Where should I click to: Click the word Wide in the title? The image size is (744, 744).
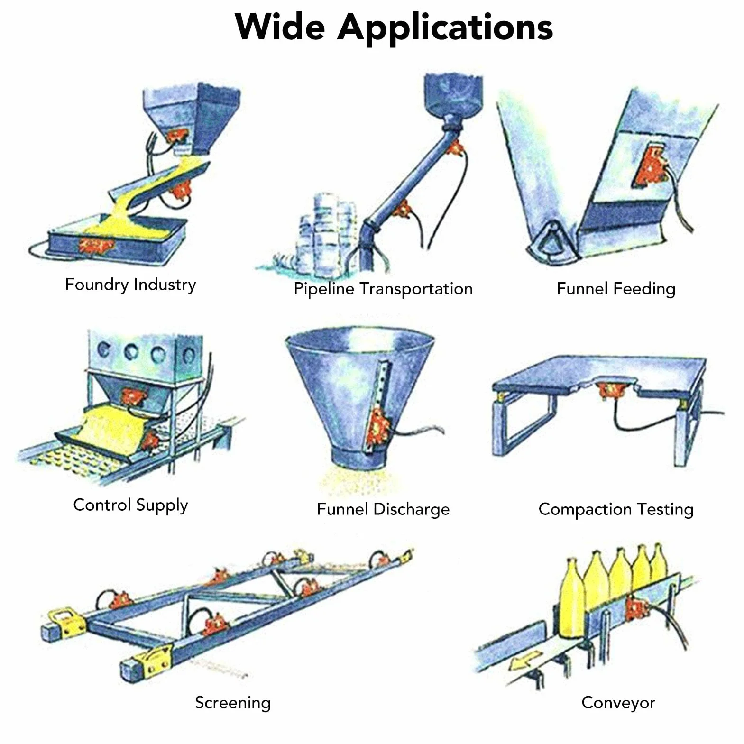click(280, 27)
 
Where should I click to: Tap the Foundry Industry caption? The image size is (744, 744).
click(130, 285)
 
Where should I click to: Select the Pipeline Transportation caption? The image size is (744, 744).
click(383, 289)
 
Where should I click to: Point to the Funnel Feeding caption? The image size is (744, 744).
click(616, 289)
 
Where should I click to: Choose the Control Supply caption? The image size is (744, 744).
click(130, 505)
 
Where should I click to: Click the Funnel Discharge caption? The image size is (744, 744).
click(383, 509)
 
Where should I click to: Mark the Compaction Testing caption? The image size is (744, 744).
click(616, 509)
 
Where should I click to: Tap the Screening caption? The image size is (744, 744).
click(233, 703)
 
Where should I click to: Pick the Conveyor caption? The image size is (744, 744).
click(618, 703)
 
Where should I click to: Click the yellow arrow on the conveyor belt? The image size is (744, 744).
click(525, 660)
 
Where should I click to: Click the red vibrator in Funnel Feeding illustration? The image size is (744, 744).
click(652, 165)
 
